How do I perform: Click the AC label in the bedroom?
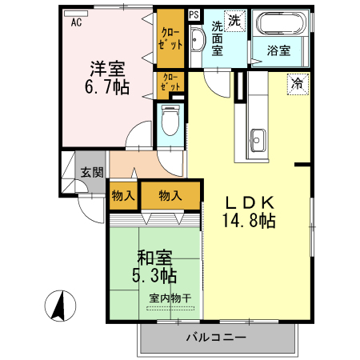(x=76, y=22)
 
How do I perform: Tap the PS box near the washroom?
(x=194, y=14)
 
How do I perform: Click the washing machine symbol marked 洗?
(x=234, y=21)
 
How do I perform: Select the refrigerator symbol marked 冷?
(x=298, y=84)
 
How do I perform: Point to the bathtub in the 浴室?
(x=280, y=23)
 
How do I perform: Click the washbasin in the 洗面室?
(x=198, y=39)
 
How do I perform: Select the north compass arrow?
(x=61, y=305)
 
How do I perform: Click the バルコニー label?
(x=216, y=338)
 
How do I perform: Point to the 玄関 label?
(x=92, y=172)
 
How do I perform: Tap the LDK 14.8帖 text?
(x=249, y=212)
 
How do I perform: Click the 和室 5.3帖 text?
(x=154, y=266)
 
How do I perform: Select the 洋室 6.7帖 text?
(x=107, y=78)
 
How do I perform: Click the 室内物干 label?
(x=170, y=298)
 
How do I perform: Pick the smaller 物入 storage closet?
(x=123, y=196)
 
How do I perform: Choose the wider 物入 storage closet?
(x=170, y=196)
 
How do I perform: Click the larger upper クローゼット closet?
(x=170, y=38)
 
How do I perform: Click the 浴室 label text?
(x=278, y=50)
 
